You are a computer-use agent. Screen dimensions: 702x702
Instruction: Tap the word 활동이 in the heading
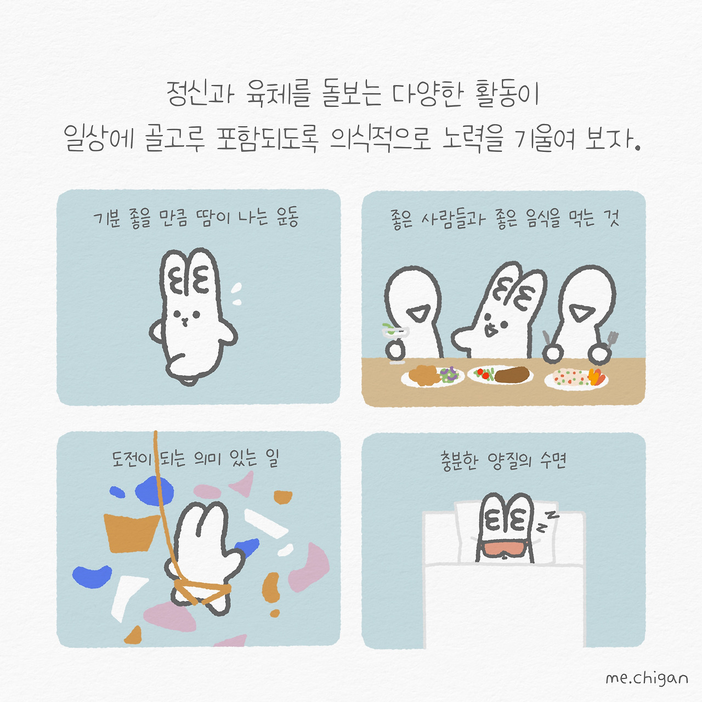click(x=507, y=94)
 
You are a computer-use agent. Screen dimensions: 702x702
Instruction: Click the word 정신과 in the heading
click(x=200, y=94)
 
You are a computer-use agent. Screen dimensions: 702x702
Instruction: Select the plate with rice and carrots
click(x=576, y=378)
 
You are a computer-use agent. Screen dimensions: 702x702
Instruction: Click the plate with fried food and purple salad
click(x=432, y=376)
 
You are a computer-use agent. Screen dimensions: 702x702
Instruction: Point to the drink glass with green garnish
click(x=395, y=332)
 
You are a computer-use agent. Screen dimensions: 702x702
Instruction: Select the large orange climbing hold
click(x=131, y=532)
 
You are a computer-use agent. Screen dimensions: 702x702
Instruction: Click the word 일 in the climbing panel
click(x=272, y=458)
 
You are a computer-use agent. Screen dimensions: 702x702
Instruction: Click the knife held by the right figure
click(x=546, y=337)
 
